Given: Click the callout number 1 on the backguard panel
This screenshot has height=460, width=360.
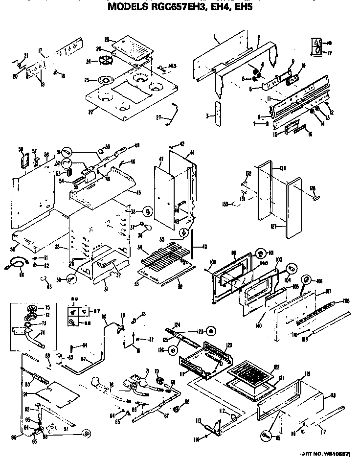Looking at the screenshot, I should click(x=214, y=36).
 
